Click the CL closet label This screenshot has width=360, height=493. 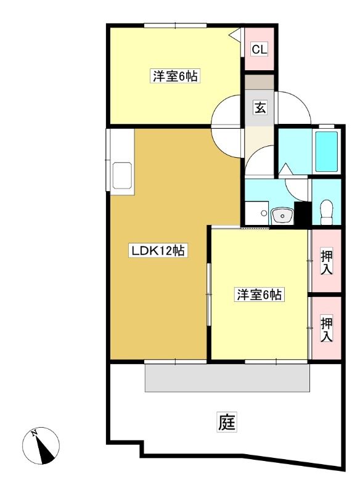(260, 49)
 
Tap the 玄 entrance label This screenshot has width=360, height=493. (260, 107)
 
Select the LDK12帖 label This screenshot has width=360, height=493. (158, 251)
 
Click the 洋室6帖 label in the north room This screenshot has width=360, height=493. (175, 76)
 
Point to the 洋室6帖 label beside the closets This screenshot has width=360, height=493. (259, 295)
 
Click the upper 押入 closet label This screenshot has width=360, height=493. (326, 262)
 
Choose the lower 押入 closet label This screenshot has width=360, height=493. (326, 330)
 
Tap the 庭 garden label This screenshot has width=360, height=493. (227, 422)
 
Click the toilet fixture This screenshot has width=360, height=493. (326, 212)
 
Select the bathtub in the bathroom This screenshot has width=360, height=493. (327, 151)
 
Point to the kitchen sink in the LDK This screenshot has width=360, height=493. (122, 176)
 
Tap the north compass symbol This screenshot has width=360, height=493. (41, 446)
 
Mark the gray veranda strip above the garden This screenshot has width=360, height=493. (227, 377)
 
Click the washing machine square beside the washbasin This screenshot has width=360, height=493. (256, 213)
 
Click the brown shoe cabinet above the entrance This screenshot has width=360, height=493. (260, 83)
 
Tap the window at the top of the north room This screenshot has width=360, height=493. (175, 26)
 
